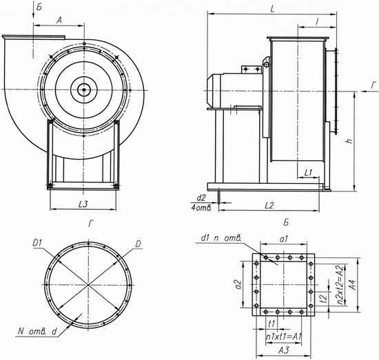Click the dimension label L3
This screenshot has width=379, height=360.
coord(83,204)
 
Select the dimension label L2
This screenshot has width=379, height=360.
coord(269,206)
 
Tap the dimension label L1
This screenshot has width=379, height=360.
coord(308,173)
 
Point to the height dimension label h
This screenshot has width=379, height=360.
coord(349,140)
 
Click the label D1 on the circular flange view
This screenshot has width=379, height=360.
coord(37,244)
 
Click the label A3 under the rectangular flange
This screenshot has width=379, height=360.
coord(284,350)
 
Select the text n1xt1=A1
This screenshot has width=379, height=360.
coord(284,337)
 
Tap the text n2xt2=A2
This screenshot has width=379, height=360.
coord(340,285)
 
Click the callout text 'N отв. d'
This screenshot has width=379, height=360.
coord(37,332)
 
